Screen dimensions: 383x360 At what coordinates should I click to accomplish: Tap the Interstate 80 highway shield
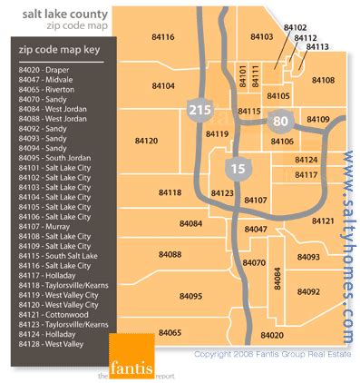point(281,120)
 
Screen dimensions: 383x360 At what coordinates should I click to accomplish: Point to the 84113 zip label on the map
point(317,46)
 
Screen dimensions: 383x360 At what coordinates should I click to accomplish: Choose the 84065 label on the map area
point(170,333)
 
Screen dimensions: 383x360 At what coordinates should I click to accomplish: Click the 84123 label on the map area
point(222,193)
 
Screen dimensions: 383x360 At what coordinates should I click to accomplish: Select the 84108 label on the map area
point(323,81)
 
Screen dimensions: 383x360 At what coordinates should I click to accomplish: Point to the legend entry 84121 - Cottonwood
point(54,309)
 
